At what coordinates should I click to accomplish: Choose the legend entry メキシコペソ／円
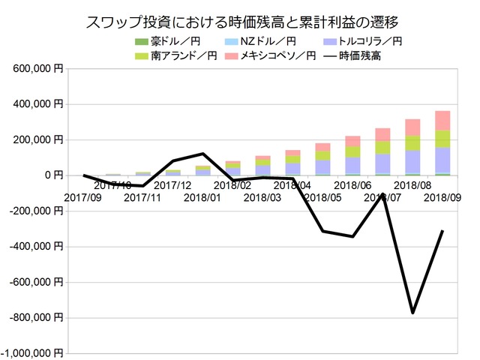point(277,55)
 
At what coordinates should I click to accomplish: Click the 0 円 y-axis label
point(51,175)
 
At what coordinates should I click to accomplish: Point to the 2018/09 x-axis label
point(442,198)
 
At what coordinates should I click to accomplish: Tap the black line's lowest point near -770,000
point(412,312)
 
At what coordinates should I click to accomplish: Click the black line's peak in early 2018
point(203,154)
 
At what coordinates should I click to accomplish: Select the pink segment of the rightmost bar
point(442,121)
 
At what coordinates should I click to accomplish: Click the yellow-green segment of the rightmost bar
point(442,139)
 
